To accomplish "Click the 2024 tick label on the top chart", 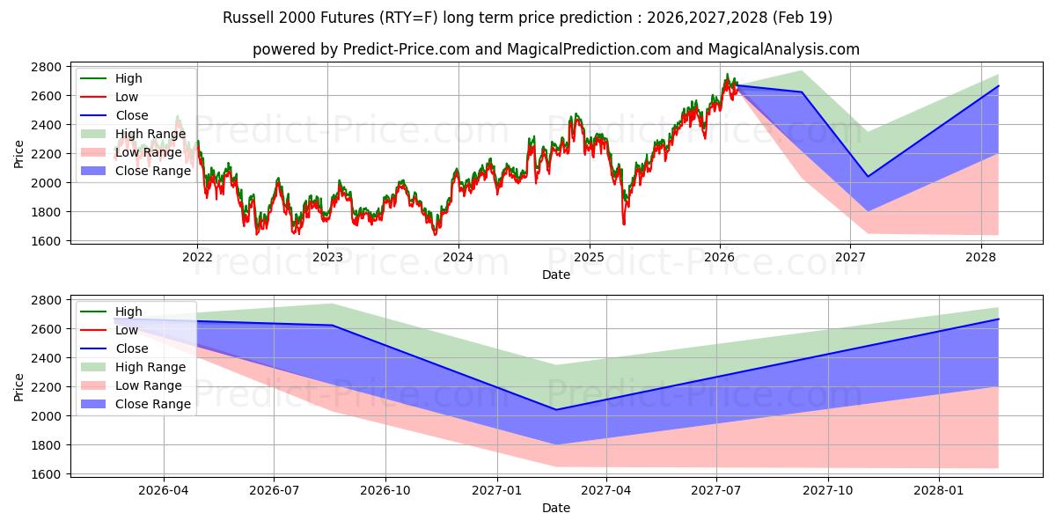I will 458,258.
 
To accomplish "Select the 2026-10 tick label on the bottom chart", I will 385,491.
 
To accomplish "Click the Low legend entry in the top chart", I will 127,97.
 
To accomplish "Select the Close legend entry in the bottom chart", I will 132,348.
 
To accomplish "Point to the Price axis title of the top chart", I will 19,154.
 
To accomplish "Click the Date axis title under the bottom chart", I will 555,508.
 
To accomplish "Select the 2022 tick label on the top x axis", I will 197,258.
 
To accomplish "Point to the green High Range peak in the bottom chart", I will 332,304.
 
